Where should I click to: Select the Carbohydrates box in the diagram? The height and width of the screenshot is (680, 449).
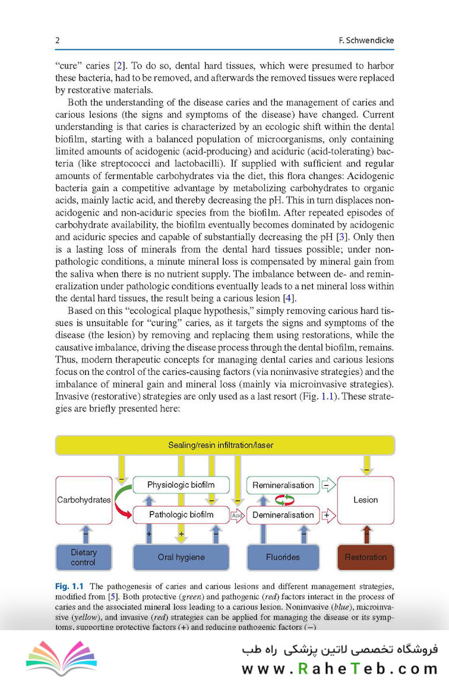(x=83, y=500)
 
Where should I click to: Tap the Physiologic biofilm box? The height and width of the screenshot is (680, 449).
(x=180, y=485)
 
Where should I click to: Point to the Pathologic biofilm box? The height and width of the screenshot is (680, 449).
(x=180, y=515)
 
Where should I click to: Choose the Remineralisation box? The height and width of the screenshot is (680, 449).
(x=283, y=485)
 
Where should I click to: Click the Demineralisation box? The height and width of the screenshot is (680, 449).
(x=283, y=515)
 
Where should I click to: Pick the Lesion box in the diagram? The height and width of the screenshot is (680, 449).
(x=365, y=500)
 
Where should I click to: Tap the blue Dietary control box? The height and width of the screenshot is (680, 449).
(x=83, y=557)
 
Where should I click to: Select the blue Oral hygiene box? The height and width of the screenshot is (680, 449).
(x=180, y=557)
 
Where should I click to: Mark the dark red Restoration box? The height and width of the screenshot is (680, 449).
(x=366, y=557)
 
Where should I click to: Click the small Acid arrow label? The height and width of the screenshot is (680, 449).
(x=237, y=516)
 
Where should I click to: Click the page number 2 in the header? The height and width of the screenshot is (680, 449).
(x=57, y=41)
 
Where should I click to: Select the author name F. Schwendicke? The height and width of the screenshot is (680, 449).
(x=366, y=41)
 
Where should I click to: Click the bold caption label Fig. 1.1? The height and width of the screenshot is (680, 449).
(x=69, y=586)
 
